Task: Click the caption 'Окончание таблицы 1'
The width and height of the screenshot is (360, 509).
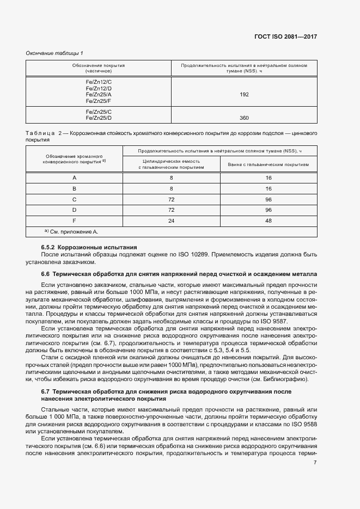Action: pyautogui.click(x=54, y=53)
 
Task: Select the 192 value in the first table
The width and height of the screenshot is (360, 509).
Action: pyautogui.click(x=244, y=95)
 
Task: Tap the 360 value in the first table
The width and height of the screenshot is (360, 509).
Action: pyautogui.click(x=244, y=118)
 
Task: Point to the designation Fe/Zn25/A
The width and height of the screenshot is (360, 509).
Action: pyautogui.click(x=99, y=95)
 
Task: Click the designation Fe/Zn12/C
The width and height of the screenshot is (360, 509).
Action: pyautogui.click(x=99, y=82)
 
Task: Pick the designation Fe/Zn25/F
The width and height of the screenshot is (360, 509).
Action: pyautogui.click(x=99, y=101)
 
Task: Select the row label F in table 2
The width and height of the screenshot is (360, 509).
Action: pyautogui.click(x=75, y=221)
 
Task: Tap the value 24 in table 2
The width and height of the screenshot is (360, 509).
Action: pyautogui.click(x=171, y=221)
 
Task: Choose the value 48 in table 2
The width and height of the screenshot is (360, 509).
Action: pyautogui.click(x=269, y=221)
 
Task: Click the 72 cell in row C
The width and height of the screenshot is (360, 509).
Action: pyautogui.click(x=171, y=199)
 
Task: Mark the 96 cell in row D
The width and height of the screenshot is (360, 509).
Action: pyautogui.click(x=269, y=210)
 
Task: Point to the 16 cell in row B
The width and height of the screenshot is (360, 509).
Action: pyautogui.click(x=269, y=188)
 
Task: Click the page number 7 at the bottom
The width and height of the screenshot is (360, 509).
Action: pyautogui.click(x=315, y=463)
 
